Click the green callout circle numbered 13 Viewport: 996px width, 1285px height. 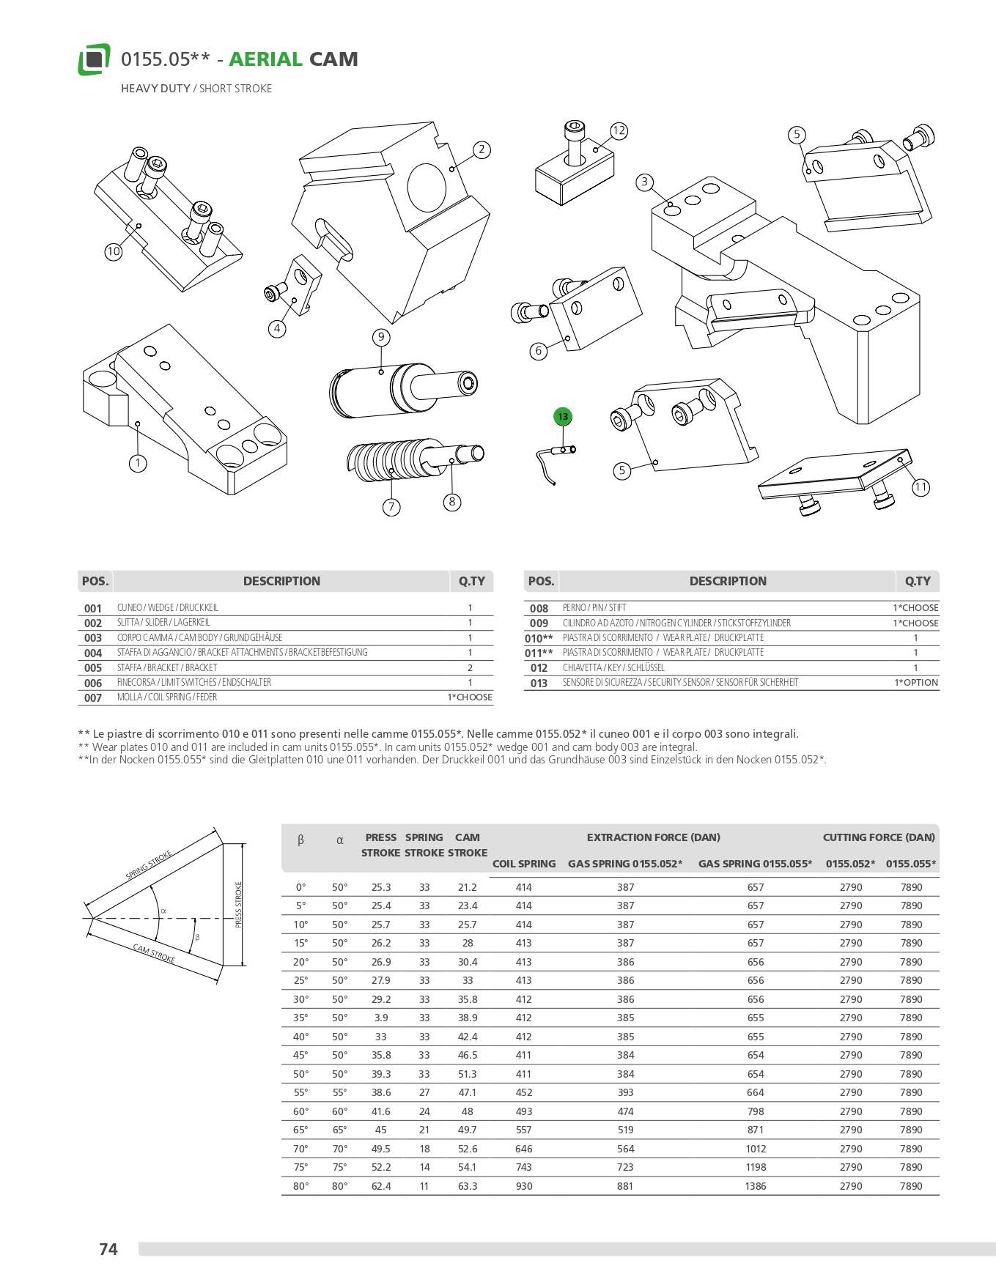pyautogui.click(x=562, y=417)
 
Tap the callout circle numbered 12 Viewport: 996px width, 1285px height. pyautogui.click(x=619, y=131)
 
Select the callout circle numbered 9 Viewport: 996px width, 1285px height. pyautogui.click(x=381, y=337)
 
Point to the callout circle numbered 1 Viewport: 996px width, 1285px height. pyautogui.click(x=138, y=463)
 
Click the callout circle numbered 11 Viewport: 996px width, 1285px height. pyautogui.click(x=921, y=487)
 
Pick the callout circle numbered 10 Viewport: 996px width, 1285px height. pyautogui.click(x=113, y=251)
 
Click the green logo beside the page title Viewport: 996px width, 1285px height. pyautogui.click(x=94, y=59)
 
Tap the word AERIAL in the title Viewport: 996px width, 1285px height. pyautogui.click(x=265, y=59)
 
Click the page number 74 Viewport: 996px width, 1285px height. pyautogui.click(x=108, y=1249)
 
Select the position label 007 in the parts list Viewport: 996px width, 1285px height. pyautogui.click(x=93, y=698)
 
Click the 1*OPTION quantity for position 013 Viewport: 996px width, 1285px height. pyautogui.click(x=915, y=683)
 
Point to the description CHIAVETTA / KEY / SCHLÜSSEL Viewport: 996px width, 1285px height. pyautogui.click(x=613, y=668)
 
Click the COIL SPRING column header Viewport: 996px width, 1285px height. pyautogui.click(x=524, y=864)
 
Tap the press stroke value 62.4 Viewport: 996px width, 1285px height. pyautogui.click(x=381, y=1186)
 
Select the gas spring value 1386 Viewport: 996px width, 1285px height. pyautogui.click(x=756, y=1186)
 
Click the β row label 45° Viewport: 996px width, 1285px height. pyautogui.click(x=300, y=1056)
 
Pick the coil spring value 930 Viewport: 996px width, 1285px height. pyautogui.click(x=524, y=1186)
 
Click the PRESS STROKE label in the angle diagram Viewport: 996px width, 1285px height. pyautogui.click(x=238, y=905)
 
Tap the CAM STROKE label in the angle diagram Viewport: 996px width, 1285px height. pyautogui.click(x=154, y=954)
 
